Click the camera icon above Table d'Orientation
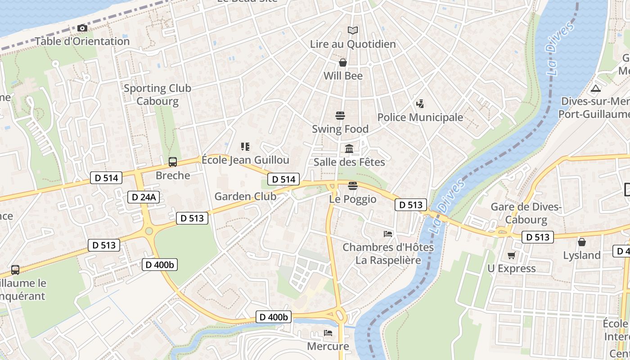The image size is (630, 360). [x=82, y=28]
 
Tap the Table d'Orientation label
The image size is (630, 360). [x=82, y=41]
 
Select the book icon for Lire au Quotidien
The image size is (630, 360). [x=353, y=31]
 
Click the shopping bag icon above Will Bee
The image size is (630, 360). [x=343, y=63]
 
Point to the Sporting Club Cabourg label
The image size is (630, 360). [x=157, y=94]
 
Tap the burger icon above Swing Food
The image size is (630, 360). [x=340, y=116]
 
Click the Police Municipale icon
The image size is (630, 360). [x=420, y=104]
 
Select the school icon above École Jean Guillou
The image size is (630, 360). [x=245, y=146]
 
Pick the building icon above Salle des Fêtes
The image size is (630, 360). [x=349, y=148]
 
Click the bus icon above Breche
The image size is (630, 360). [x=172, y=162]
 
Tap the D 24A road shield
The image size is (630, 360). [x=144, y=197]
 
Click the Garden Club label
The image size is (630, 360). [x=245, y=196]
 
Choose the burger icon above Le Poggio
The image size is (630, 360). [x=353, y=185]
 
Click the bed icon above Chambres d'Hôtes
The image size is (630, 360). [x=388, y=234]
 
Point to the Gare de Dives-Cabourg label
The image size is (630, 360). [x=526, y=213]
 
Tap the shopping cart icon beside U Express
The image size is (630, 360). [x=511, y=256]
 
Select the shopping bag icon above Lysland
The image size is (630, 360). [x=582, y=242]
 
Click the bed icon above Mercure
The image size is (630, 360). [x=328, y=333]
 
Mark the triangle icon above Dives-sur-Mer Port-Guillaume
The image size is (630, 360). [x=596, y=88]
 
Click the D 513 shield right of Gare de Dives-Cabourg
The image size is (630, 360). [x=537, y=237]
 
